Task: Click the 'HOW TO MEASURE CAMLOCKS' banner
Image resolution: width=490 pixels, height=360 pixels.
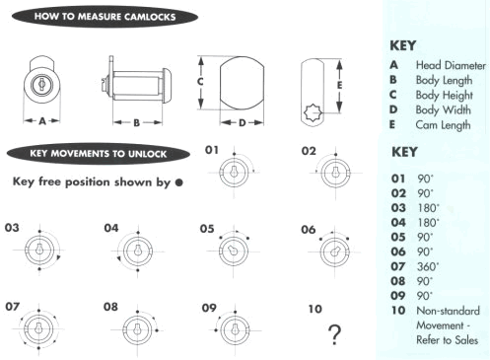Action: click(x=105, y=17)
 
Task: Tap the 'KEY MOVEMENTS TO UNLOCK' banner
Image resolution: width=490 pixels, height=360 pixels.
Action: click(x=99, y=154)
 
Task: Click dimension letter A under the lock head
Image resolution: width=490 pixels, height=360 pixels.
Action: click(x=42, y=121)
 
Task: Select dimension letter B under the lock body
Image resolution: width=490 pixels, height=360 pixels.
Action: click(x=137, y=123)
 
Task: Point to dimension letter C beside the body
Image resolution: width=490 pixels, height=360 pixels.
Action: click(x=200, y=82)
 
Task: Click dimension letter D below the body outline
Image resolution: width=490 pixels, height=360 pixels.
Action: click(x=243, y=123)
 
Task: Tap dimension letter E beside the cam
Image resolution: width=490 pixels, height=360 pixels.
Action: click(x=339, y=85)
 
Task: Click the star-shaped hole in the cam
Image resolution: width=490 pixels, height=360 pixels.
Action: click(x=312, y=112)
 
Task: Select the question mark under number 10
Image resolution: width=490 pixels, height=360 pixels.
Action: click(x=335, y=334)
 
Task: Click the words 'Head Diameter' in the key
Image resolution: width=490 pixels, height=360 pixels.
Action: click(x=451, y=65)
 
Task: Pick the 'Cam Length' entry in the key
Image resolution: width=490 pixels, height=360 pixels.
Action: click(x=443, y=125)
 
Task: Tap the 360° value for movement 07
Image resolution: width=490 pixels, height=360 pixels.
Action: click(x=428, y=266)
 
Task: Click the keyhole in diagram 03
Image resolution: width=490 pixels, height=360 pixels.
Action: click(x=39, y=249)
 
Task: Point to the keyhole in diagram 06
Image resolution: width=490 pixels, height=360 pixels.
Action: click(x=335, y=252)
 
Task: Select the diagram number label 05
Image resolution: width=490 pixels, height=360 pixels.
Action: click(x=207, y=229)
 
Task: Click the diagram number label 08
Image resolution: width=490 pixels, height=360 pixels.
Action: click(x=110, y=307)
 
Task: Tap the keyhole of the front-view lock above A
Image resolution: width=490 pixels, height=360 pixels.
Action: click(x=41, y=84)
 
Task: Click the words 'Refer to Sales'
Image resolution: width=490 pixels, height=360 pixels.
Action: click(x=447, y=340)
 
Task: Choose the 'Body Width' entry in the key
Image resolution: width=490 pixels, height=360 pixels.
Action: click(x=443, y=110)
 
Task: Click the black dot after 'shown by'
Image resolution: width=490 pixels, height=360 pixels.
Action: click(x=179, y=182)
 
